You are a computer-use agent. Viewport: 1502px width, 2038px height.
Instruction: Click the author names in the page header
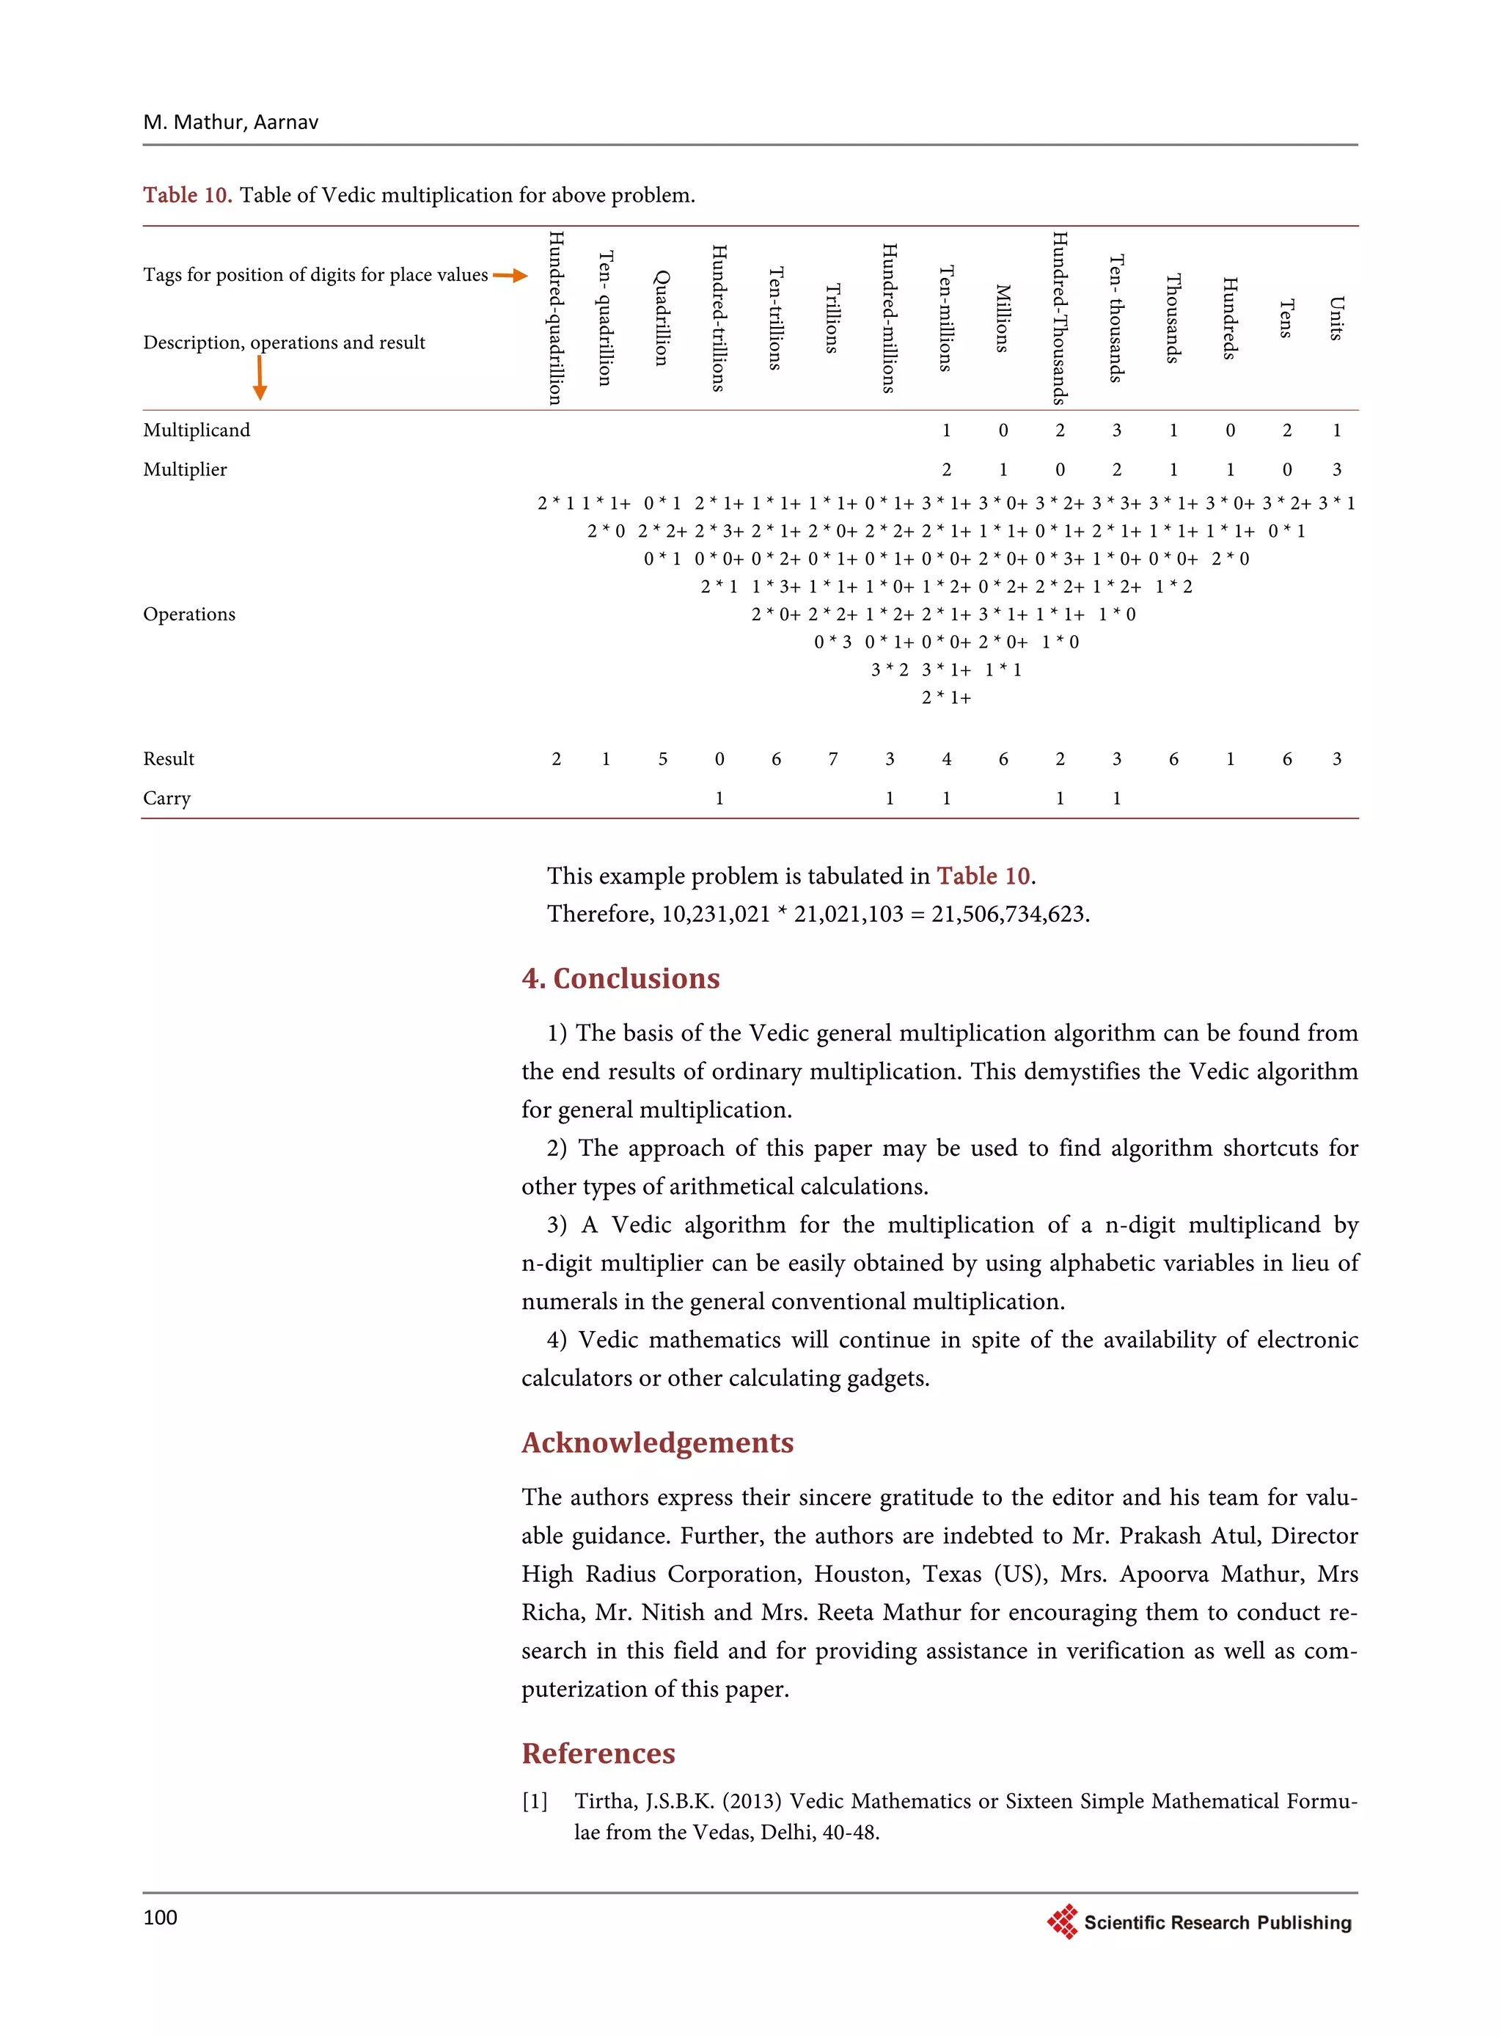coord(230,122)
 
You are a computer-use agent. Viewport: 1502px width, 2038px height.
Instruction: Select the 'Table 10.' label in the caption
coord(187,194)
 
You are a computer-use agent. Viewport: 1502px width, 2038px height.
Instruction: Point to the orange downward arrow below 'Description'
coord(260,377)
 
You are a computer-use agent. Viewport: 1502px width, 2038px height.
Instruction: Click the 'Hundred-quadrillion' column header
coord(555,318)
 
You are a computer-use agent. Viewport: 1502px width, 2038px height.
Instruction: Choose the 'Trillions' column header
coord(832,318)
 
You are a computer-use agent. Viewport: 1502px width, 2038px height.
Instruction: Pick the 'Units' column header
coord(1336,318)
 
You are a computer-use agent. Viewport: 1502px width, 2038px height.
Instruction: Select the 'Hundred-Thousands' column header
coord(1059,318)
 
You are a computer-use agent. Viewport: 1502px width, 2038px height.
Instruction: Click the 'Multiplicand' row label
coord(197,430)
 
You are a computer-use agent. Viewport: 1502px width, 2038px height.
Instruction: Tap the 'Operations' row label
coord(189,615)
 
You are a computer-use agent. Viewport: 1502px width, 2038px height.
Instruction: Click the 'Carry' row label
coord(166,798)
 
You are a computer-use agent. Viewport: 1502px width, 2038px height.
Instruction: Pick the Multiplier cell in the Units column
coord(1336,470)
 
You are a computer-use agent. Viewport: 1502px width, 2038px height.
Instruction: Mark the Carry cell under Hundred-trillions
coord(719,798)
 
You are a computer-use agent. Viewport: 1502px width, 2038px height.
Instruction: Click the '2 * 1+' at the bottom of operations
coord(945,697)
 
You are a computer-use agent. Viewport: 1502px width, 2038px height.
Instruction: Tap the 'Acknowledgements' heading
coord(657,1443)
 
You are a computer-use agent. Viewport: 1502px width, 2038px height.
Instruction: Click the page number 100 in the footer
coord(160,1917)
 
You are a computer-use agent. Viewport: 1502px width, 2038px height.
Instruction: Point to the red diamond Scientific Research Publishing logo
coord(1062,1921)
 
